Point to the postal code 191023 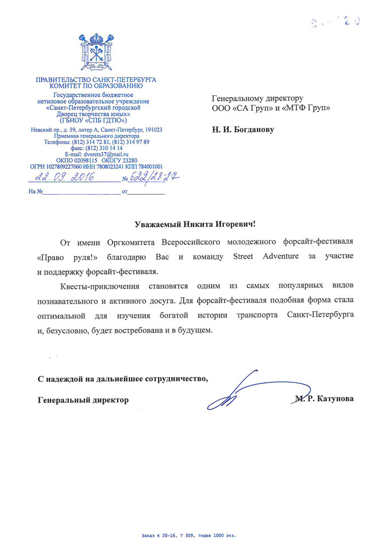[x=151, y=130]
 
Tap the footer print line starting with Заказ [x=188, y=536]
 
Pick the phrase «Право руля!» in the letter [x=61, y=255]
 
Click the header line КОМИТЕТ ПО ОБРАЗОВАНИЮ [x=96, y=86]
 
